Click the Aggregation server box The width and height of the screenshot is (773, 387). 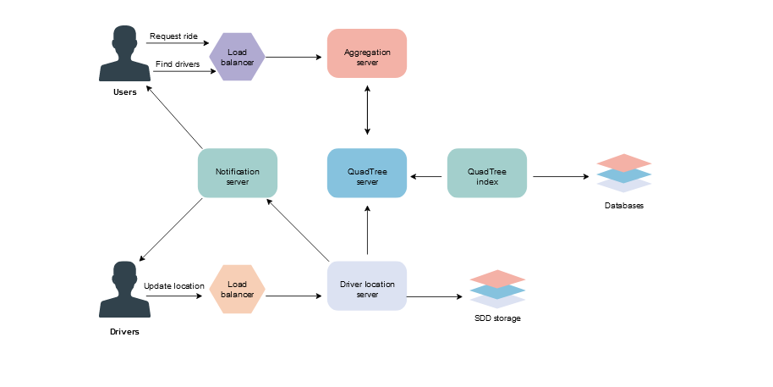tap(367, 53)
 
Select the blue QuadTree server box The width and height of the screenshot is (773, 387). tap(367, 174)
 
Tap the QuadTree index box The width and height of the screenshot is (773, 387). tap(486, 174)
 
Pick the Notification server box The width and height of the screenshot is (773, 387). tap(237, 174)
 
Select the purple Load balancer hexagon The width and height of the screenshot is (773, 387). tap(237, 57)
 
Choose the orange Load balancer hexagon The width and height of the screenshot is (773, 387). tap(237, 289)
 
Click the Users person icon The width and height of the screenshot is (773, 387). tap(124, 54)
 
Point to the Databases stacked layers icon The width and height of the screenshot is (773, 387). tap(624, 173)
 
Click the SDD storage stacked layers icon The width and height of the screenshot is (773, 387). tap(497, 289)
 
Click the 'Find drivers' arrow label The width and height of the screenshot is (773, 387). tap(177, 64)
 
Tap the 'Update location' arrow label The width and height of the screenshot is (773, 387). tap(173, 286)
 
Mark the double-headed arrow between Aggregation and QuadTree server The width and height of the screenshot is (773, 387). tap(367, 110)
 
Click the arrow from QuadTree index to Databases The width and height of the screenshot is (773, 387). tap(560, 176)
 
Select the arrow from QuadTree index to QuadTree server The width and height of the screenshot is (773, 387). tap(427, 176)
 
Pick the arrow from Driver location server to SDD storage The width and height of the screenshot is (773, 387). tap(436, 296)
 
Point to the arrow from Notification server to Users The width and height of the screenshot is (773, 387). tap(175, 118)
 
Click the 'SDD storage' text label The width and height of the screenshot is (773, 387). tap(497, 319)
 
